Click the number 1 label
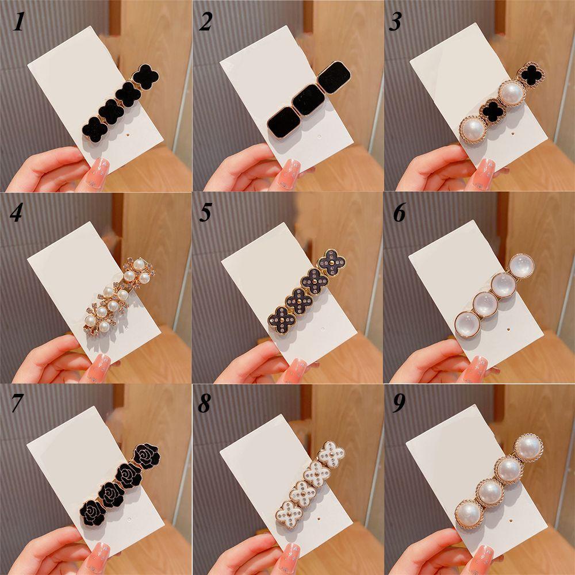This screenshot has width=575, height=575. (x=18, y=22)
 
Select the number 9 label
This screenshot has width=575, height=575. (x=398, y=404)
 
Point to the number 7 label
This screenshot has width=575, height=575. (x=17, y=404)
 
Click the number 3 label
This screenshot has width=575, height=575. (x=396, y=22)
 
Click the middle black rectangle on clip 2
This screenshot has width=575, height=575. (x=309, y=100)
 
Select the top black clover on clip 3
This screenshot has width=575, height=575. (x=531, y=75)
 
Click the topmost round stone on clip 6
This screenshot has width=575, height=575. (x=521, y=266)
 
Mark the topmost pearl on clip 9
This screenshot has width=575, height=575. (x=528, y=447)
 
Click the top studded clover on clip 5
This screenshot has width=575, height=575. (x=332, y=263)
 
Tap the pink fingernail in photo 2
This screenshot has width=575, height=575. (x=290, y=174)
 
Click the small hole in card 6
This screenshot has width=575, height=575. (x=511, y=329)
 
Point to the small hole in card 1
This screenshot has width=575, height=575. (x=127, y=135)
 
